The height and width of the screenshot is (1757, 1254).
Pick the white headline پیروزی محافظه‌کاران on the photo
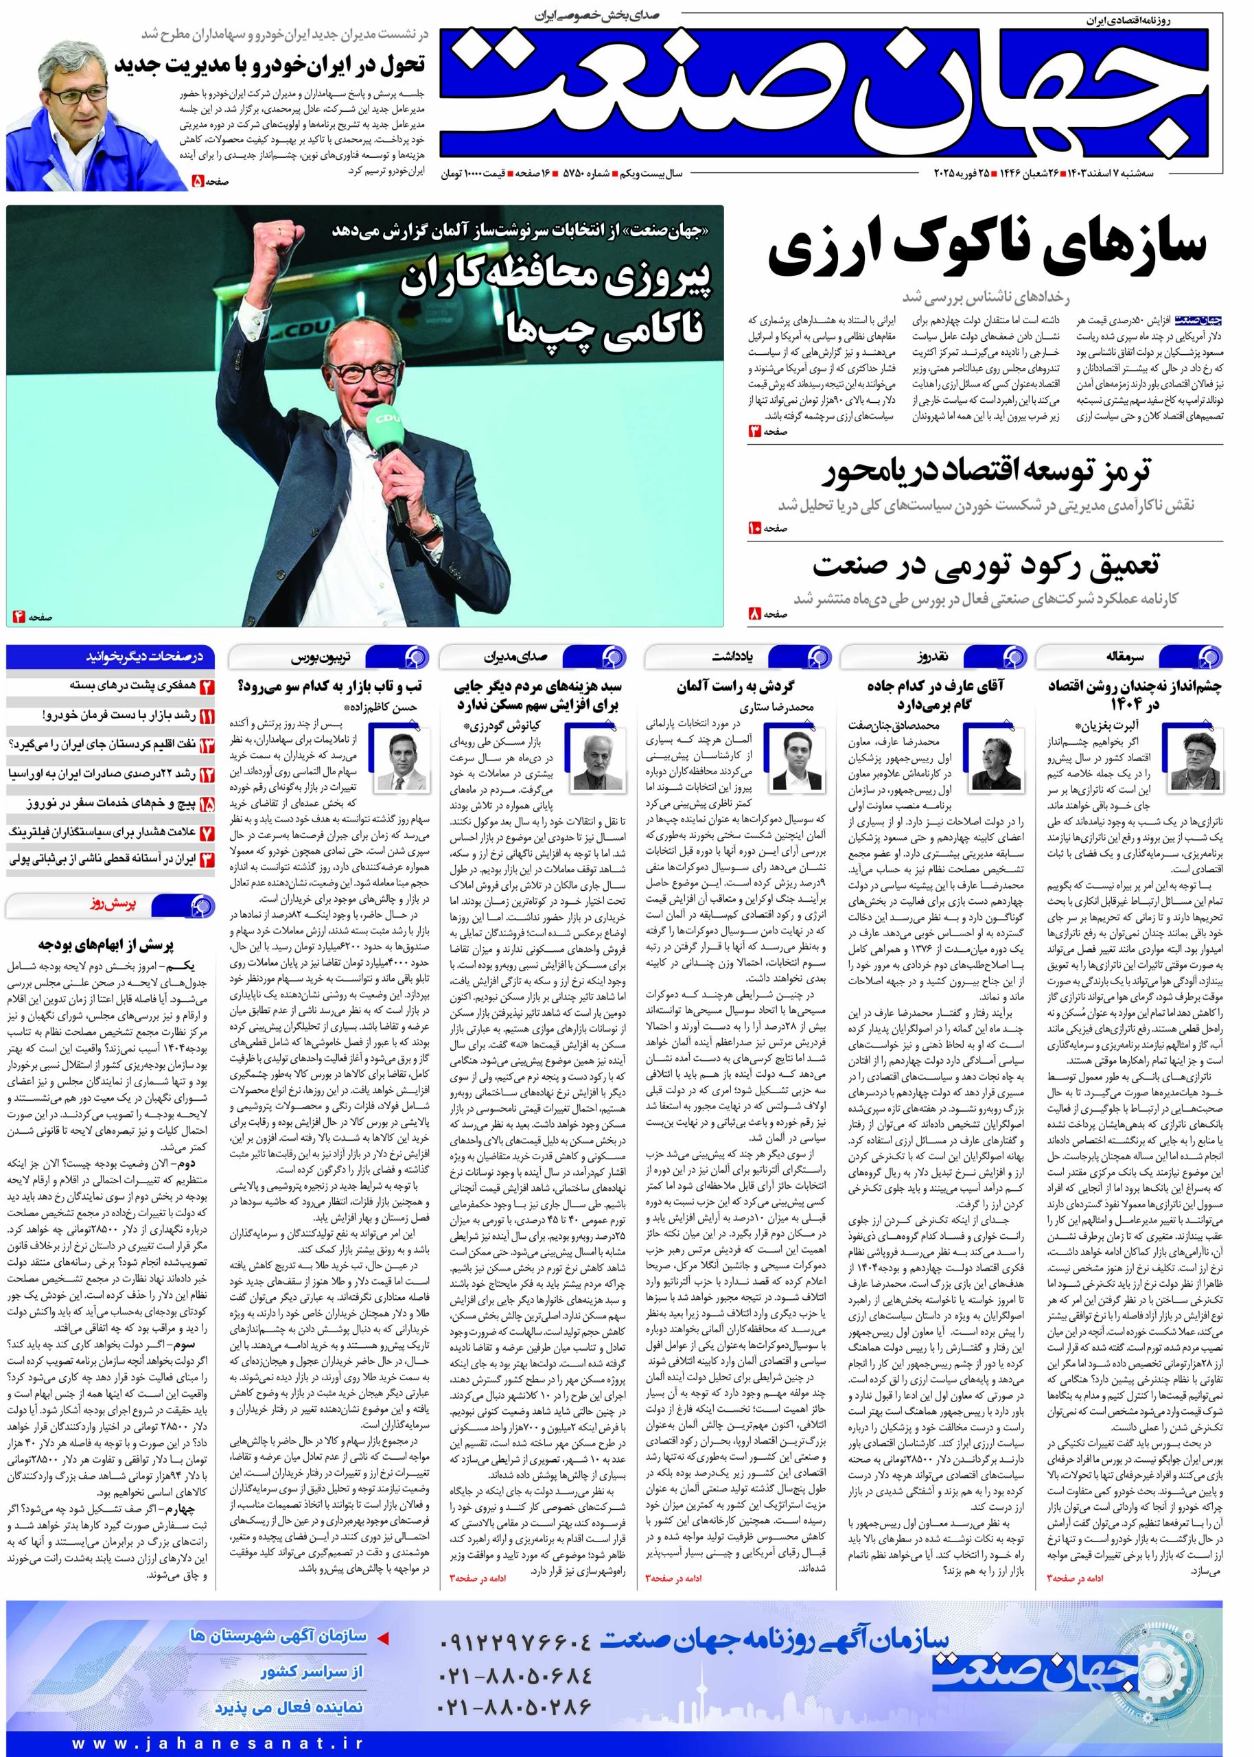(x=555, y=283)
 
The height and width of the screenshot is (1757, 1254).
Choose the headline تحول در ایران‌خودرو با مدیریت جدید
(x=270, y=65)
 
